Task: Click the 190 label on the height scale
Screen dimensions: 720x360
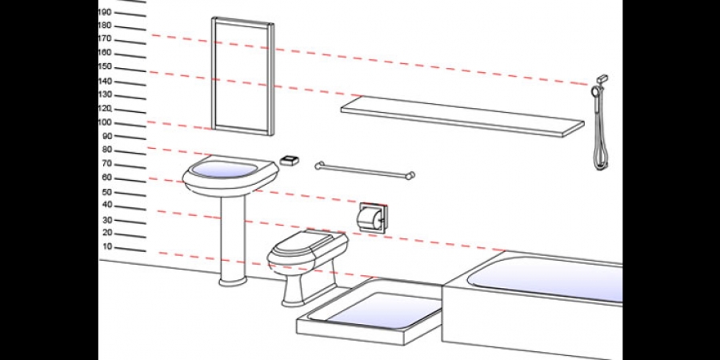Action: click(x=105, y=12)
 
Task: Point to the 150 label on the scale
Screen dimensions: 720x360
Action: click(x=105, y=67)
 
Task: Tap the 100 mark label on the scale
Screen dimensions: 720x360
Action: click(x=105, y=122)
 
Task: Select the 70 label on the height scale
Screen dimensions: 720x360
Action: click(x=107, y=163)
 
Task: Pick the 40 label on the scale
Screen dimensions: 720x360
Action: click(x=107, y=204)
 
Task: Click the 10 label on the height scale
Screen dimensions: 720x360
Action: click(x=107, y=246)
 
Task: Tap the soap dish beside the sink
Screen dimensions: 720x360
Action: click(x=290, y=160)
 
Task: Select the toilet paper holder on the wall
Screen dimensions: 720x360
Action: click(x=372, y=218)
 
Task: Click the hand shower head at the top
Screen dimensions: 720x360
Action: click(x=595, y=91)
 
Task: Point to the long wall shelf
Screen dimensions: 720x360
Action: click(x=462, y=117)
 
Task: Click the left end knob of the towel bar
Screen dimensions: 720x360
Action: click(x=319, y=166)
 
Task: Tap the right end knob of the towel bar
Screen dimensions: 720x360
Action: click(x=410, y=175)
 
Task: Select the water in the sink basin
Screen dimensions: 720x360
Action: click(x=224, y=169)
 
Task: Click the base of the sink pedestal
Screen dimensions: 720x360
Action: click(x=233, y=280)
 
